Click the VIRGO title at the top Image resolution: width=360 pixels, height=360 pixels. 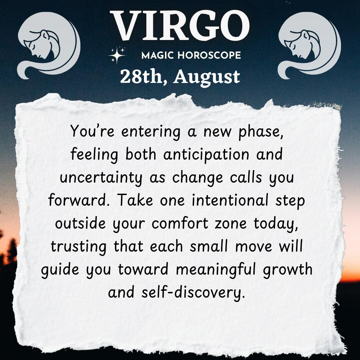pos(180,26)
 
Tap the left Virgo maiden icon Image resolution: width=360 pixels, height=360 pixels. pos(49,45)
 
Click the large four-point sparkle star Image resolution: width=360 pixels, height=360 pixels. pos(117,55)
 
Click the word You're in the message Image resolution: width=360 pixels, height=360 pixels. pos(92,131)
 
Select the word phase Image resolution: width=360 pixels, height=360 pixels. pos(261,132)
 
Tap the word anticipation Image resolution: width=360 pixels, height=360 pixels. pos(206,155)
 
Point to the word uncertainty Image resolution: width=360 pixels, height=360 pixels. pos(101,178)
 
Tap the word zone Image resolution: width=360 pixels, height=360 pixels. pos(231,224)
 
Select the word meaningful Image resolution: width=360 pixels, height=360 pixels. pos(216,270)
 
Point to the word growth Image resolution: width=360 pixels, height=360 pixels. pos(287,270)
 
